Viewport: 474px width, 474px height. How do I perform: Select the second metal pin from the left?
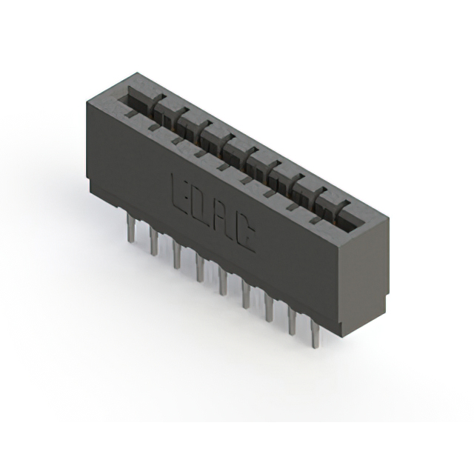pos(153,240)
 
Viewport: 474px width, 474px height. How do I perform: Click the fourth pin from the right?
pos(244,294)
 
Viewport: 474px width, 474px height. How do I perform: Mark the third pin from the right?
pos(268,307)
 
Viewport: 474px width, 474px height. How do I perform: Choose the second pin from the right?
pos(292,321)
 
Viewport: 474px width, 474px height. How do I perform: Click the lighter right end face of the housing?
pos(363,274)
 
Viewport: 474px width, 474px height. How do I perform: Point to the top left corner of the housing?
pos(89,101)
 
